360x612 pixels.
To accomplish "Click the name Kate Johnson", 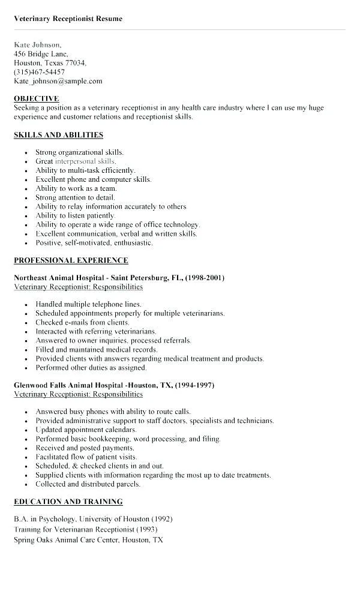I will coord(37,45).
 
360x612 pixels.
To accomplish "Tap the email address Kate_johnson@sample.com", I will coord(58,81).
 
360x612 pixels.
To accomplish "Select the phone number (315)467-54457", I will coord(40,72).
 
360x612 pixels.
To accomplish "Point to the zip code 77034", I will coord(76,63).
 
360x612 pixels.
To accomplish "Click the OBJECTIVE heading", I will coord(36,98).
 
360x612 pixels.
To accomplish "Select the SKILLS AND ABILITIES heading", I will coord(58,135).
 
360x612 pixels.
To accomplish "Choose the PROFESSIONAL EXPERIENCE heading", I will coord(71,260).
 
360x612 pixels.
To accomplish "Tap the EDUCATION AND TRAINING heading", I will coord(68,502).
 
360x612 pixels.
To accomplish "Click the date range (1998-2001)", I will coord(205,278).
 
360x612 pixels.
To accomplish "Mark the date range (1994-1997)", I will coord(195,385).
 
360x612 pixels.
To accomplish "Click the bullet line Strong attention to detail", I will coord(75,197).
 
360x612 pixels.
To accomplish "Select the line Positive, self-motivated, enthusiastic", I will coord(94,242).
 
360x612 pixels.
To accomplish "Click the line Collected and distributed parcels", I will coord(88,484).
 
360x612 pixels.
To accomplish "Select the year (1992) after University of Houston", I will coord(161,519).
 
